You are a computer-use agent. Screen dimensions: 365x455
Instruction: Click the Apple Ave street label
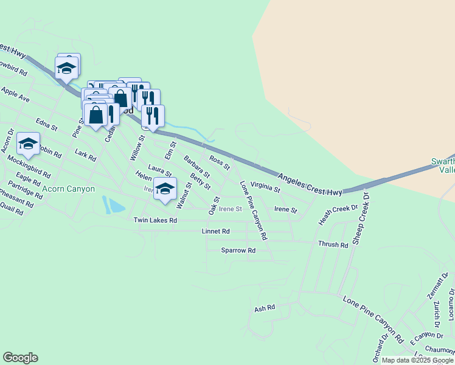pos(15,94)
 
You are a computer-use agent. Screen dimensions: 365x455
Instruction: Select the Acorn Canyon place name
pos(69,189)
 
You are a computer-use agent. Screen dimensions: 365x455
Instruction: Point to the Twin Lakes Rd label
pos(155,220)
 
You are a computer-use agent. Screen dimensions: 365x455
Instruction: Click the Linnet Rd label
pos(215,232)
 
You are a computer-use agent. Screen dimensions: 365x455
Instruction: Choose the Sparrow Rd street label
pos(238,250)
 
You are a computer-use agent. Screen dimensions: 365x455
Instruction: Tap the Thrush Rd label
pos(333,245)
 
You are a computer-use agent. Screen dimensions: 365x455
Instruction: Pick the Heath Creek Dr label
pos(338,215)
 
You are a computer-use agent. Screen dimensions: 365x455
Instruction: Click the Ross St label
pos(220,162)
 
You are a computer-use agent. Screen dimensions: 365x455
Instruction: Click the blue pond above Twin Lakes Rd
pos(113,206)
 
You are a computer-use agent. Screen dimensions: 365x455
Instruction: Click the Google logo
pos(20,358)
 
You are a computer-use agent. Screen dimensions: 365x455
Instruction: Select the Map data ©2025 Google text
pos(417,360)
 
